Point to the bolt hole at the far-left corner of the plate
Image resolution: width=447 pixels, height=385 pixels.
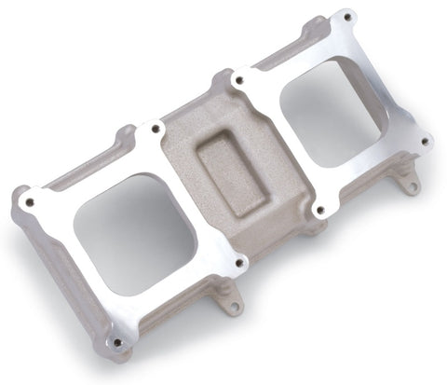point(29,202)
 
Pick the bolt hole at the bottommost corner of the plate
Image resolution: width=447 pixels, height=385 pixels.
point(116,341)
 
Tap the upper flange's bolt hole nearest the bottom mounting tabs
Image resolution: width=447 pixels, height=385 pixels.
point(321,210)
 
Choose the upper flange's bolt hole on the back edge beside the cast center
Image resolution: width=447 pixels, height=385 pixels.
point(241,82)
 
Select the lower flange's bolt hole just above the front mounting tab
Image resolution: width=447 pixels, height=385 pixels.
point(240,263)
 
